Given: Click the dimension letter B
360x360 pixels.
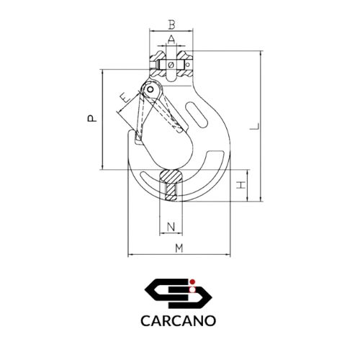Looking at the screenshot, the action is pos(171,24).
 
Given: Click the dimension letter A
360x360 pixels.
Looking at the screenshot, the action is pos(171,40).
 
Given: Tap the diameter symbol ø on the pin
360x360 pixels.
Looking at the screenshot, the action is pos(171,65).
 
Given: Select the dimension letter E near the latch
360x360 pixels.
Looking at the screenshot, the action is pos(125,98).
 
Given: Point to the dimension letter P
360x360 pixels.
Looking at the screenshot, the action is pos(92,119).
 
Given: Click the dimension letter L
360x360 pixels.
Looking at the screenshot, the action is pos(255,126).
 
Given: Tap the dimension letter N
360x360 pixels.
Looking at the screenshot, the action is pos(171,227).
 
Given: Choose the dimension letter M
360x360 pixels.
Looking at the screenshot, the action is pos(179,248).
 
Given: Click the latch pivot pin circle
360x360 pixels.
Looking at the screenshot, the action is pos(150,89).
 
